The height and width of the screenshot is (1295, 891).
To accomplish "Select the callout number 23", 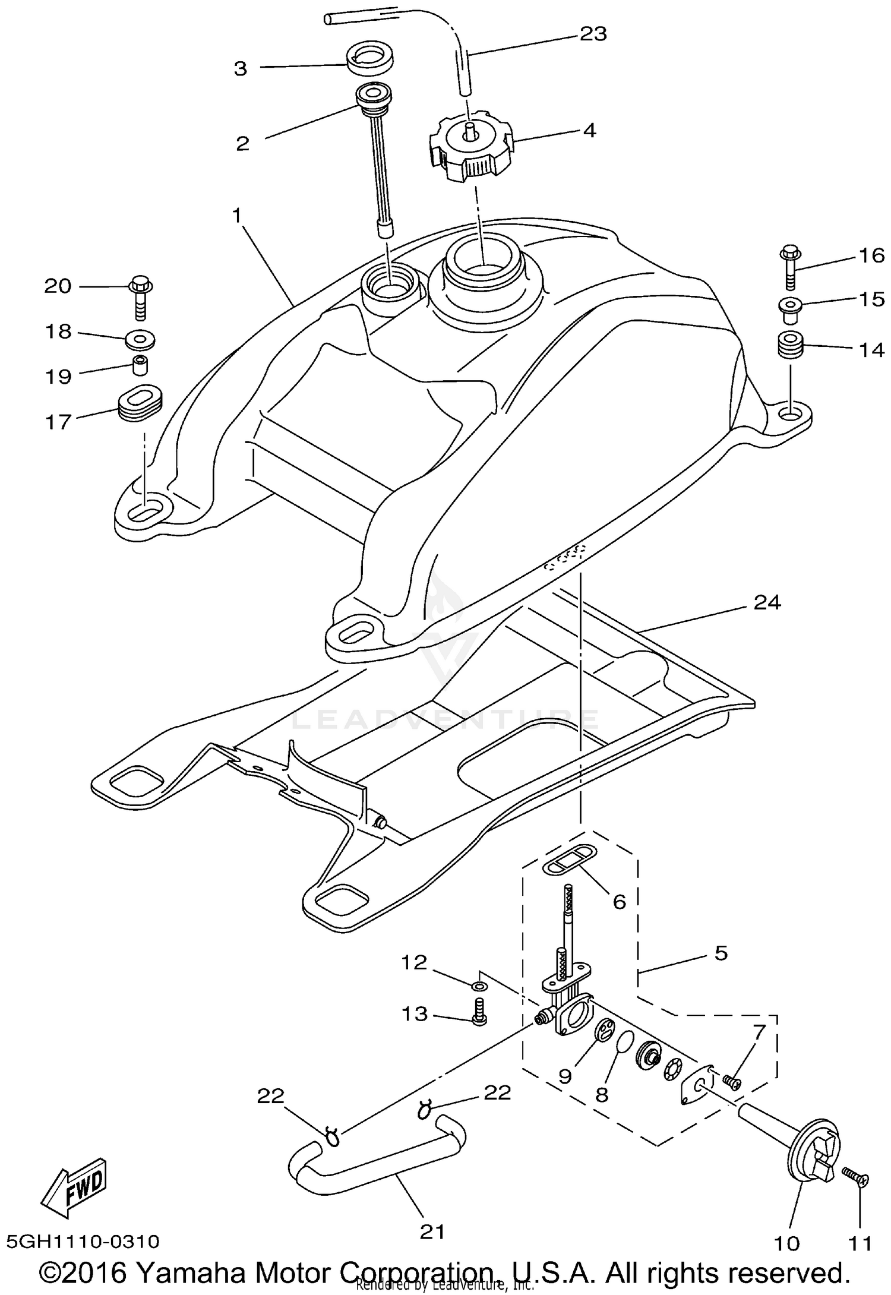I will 593,34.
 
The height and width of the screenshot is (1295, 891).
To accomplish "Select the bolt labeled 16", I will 789,267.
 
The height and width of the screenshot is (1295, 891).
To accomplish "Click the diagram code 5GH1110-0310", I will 83,1241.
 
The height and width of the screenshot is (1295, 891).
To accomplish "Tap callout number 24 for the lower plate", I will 767,602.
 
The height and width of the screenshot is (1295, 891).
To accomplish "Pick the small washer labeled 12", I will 480,986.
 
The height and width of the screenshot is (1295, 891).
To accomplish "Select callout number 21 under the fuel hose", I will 432,1231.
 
